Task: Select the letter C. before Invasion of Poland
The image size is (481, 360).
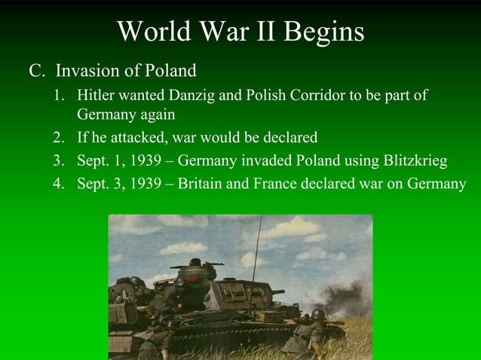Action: click(37, 72)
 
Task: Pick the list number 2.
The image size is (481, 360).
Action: click(58, 138)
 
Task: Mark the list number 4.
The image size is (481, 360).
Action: click(58, 185)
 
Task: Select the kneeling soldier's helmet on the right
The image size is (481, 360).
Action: click(319, 314)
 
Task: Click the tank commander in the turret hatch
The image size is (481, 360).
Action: click(195, 264)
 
